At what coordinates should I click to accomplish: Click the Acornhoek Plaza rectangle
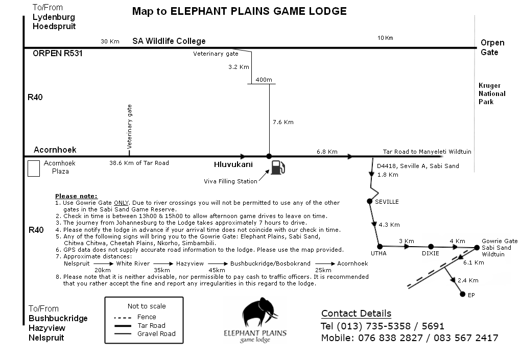tap(33, 169)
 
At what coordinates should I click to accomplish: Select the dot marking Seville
tap(370, 201)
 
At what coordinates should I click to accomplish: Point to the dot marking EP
tap(462, 294)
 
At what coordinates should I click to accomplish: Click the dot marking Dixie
tap(431, 247)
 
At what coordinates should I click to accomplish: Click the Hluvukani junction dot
tap(269, 156)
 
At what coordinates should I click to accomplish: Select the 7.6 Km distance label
tap(283, 122)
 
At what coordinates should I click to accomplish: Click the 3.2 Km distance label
tap(239, 67)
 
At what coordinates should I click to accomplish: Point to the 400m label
tap(264, 80)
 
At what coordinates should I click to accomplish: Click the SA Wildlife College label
tap(169, 41)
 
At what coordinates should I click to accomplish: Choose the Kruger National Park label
tap(492, 93)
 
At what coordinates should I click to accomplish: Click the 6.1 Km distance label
tap(473, 262)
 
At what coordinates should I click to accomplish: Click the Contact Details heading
tap(356, 314)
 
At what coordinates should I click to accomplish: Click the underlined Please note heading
tap(76, 196)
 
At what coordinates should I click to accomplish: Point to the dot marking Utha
tap(379, 246)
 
